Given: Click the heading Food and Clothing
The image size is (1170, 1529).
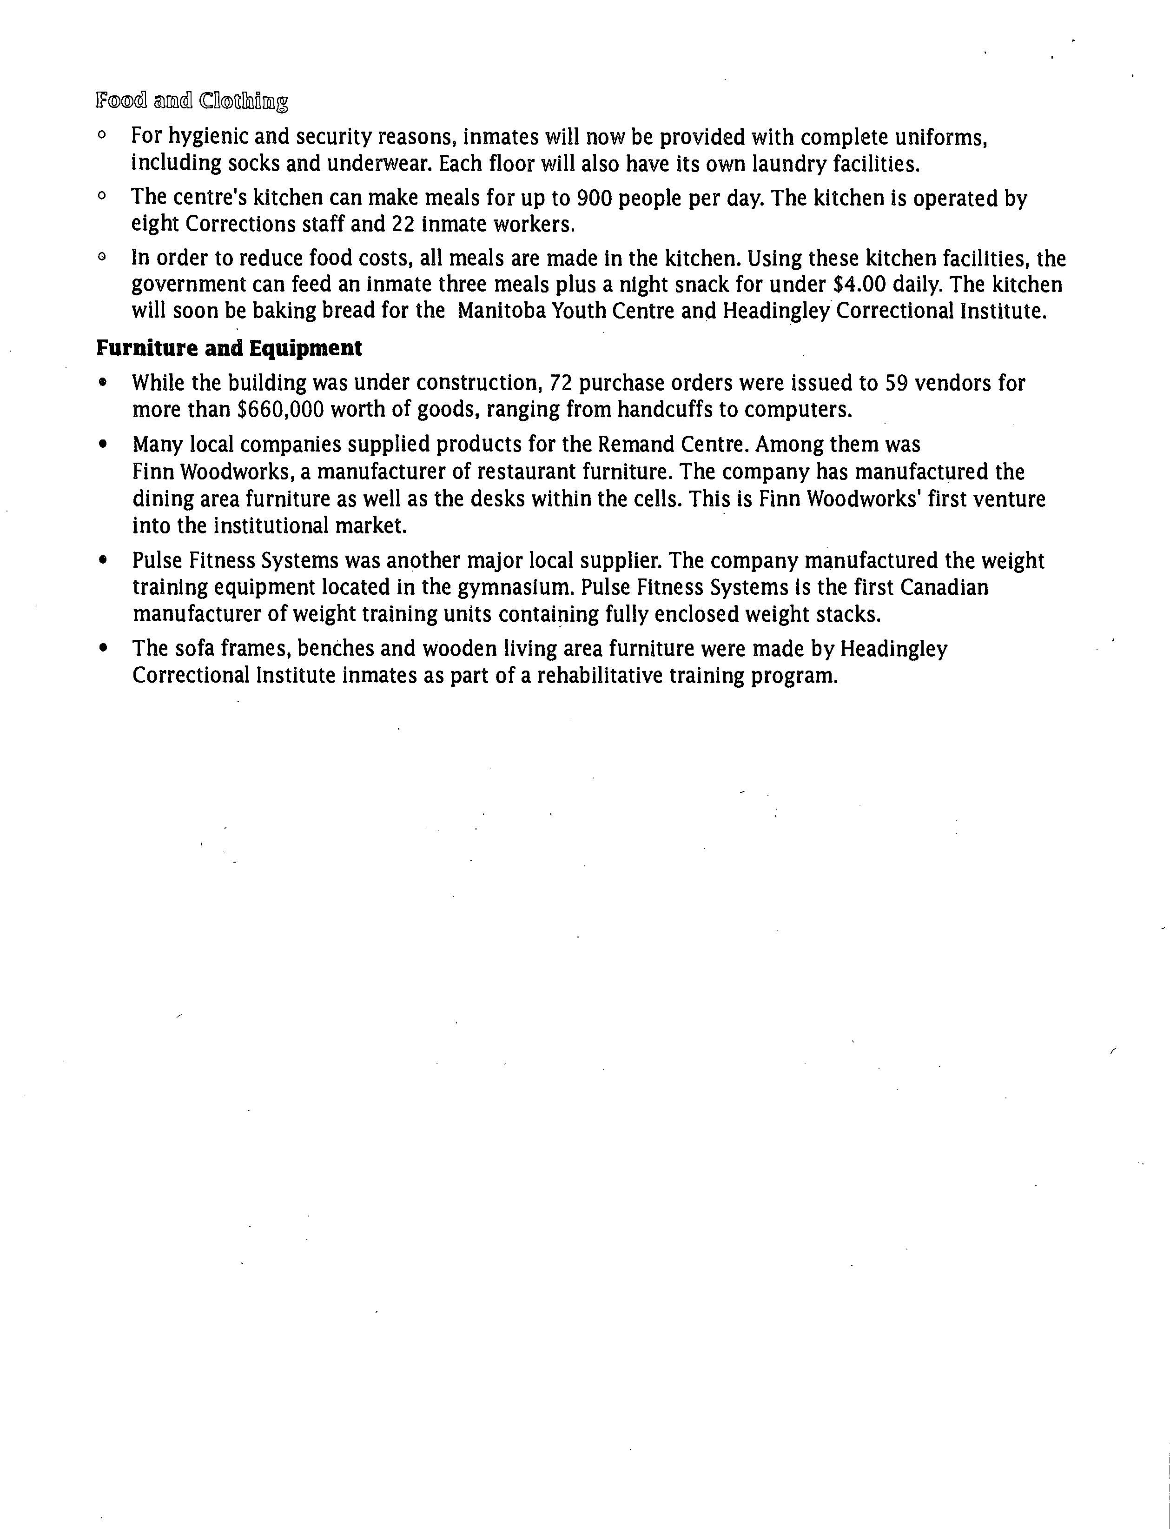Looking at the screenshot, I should [x=192, y=102].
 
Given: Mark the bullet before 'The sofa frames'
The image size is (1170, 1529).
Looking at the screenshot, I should [x=104, y=649].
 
